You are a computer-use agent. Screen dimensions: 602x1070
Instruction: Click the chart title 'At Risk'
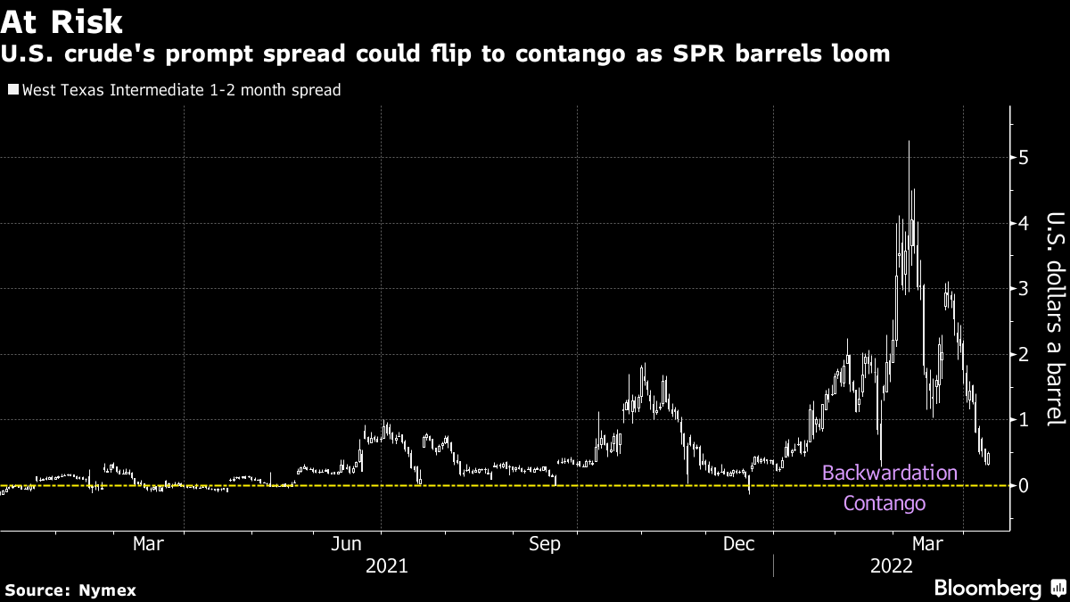tap(62, 20)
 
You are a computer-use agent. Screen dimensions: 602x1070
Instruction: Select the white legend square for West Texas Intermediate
tap(12, 90)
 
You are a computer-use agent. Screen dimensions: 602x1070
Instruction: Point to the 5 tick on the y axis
tap(1024, 158)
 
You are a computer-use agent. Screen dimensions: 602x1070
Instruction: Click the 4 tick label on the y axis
tap(1024, 223)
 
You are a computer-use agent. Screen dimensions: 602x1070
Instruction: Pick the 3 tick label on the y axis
tap(1024, 289)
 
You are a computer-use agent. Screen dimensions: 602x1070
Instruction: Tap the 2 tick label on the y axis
tap(1024, 354)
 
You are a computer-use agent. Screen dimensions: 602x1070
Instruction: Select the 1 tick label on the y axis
tap(1024, 420)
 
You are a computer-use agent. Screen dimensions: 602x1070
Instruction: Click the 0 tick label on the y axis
tap(1024, 485)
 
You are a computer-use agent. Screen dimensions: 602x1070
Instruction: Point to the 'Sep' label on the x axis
tap(544, 544)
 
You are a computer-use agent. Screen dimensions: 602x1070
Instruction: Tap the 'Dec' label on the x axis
tap(740, 544)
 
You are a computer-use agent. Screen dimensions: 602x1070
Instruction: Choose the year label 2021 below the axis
tap(387, 566)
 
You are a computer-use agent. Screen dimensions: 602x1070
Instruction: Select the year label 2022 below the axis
tap(891, 566)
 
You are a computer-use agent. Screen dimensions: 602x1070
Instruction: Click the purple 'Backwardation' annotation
tap(889, 473)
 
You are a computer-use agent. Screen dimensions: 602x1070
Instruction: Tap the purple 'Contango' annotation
tap(885, 504)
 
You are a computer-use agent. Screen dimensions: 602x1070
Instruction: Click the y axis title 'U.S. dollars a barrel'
tap(1056, 318)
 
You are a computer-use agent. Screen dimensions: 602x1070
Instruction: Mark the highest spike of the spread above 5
tap(909, 143)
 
